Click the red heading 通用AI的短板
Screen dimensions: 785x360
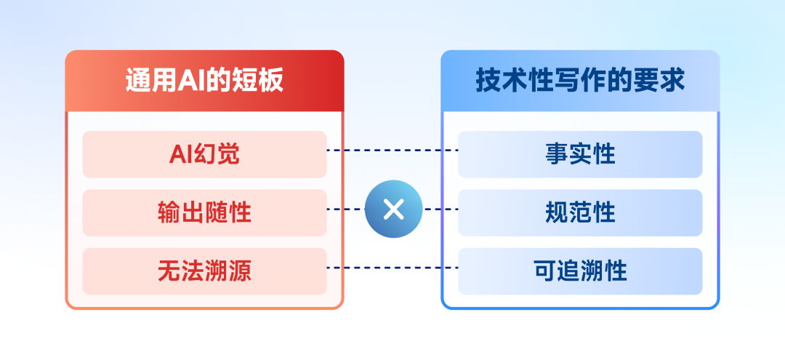tap(204, 81)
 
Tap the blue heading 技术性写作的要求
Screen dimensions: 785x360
tap(580, 81)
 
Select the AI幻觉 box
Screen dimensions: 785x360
tap(204, 154)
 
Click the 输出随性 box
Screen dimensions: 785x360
tap(204, 213)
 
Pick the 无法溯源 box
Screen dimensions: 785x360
tap(204, 271)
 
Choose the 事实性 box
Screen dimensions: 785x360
tap(580, 154)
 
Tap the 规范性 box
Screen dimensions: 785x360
tap(580, 213)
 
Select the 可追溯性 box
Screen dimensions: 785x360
tap(580, 271)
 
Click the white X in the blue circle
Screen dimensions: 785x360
tap(393, 209)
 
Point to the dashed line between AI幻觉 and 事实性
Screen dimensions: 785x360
tap(392, 151)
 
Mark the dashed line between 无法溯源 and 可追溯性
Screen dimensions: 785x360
tap(392, 268)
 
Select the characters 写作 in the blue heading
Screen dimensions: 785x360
tap(580, 81)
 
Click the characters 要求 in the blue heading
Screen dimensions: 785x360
tap(659, 81)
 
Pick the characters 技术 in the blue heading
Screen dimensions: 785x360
tap(501, 81)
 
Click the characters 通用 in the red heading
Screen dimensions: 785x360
tap(149, 81)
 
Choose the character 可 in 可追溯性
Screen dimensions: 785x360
tap(544, 271)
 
